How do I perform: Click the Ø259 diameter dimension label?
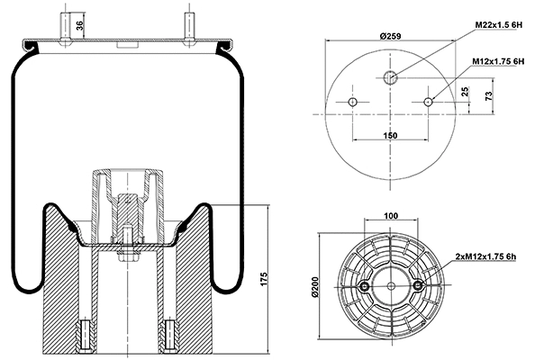[390, 35]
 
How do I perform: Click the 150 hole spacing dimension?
[390, 134]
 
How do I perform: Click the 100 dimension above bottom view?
[391, 217]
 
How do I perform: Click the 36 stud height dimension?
[80, 26]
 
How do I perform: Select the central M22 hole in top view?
[390, 77]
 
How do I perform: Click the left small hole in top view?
[352, 101]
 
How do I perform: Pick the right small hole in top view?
[429, 101]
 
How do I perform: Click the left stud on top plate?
[66, 26]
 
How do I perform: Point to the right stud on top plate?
[188, 26]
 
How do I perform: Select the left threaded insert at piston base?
[87, 336]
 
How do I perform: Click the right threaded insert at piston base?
[167, 336]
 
